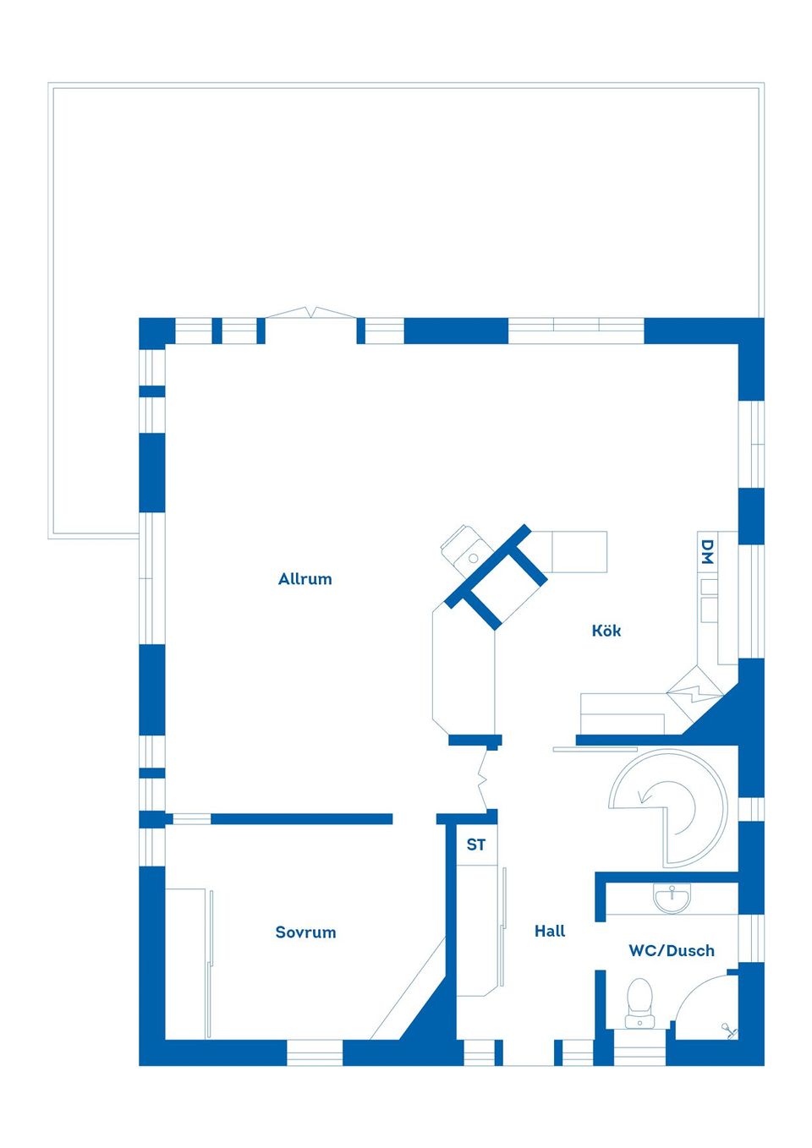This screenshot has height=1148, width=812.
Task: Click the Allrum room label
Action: [x=304, y=578]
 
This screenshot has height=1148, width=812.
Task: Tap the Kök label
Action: [x=606, y=630]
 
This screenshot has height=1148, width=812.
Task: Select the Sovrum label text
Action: [x=305, y=932]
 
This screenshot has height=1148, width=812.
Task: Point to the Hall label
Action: [x=550, y=931]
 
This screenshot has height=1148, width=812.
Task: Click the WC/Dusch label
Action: [x=672, y=951]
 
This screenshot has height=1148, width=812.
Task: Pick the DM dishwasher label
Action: [x=707, y=551]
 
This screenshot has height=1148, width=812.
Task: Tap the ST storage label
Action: [x=475, y=845]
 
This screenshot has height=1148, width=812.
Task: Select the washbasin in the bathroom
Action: [x=672, y=899]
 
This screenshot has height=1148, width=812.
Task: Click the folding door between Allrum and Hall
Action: [x=482, y=781]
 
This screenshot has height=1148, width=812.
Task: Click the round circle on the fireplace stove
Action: [x=473, y=558]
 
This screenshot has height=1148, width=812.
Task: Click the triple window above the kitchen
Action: [x=576, y=331]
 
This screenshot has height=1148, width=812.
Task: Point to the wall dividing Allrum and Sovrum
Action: [x=301, y=818]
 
